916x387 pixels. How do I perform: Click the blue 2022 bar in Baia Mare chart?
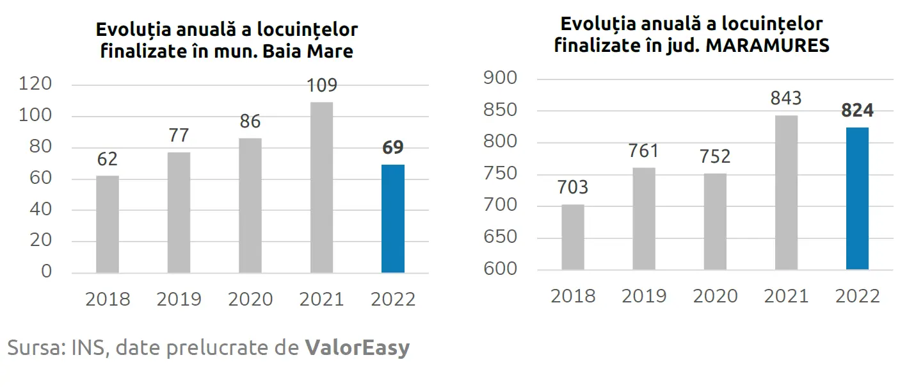(392, 218)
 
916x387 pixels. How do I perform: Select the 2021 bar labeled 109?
(321, 187)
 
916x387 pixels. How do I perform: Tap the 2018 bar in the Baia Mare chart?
(108, 224)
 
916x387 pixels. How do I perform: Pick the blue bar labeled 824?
(857, 198)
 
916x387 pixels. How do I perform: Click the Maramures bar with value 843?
(786, 192)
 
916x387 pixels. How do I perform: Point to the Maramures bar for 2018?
(573, 236)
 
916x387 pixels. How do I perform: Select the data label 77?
(179, 136)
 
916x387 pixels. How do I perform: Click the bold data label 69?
(393, 147)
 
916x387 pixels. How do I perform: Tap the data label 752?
(715, 156)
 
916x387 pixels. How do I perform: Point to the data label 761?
(643, 151)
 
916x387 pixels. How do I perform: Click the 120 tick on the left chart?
(36, 85)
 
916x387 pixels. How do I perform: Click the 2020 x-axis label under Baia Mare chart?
(250, 299)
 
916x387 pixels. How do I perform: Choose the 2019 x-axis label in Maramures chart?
(644, 296)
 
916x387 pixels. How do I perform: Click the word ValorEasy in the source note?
(357, 348)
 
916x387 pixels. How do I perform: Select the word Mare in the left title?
(330, 51)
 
